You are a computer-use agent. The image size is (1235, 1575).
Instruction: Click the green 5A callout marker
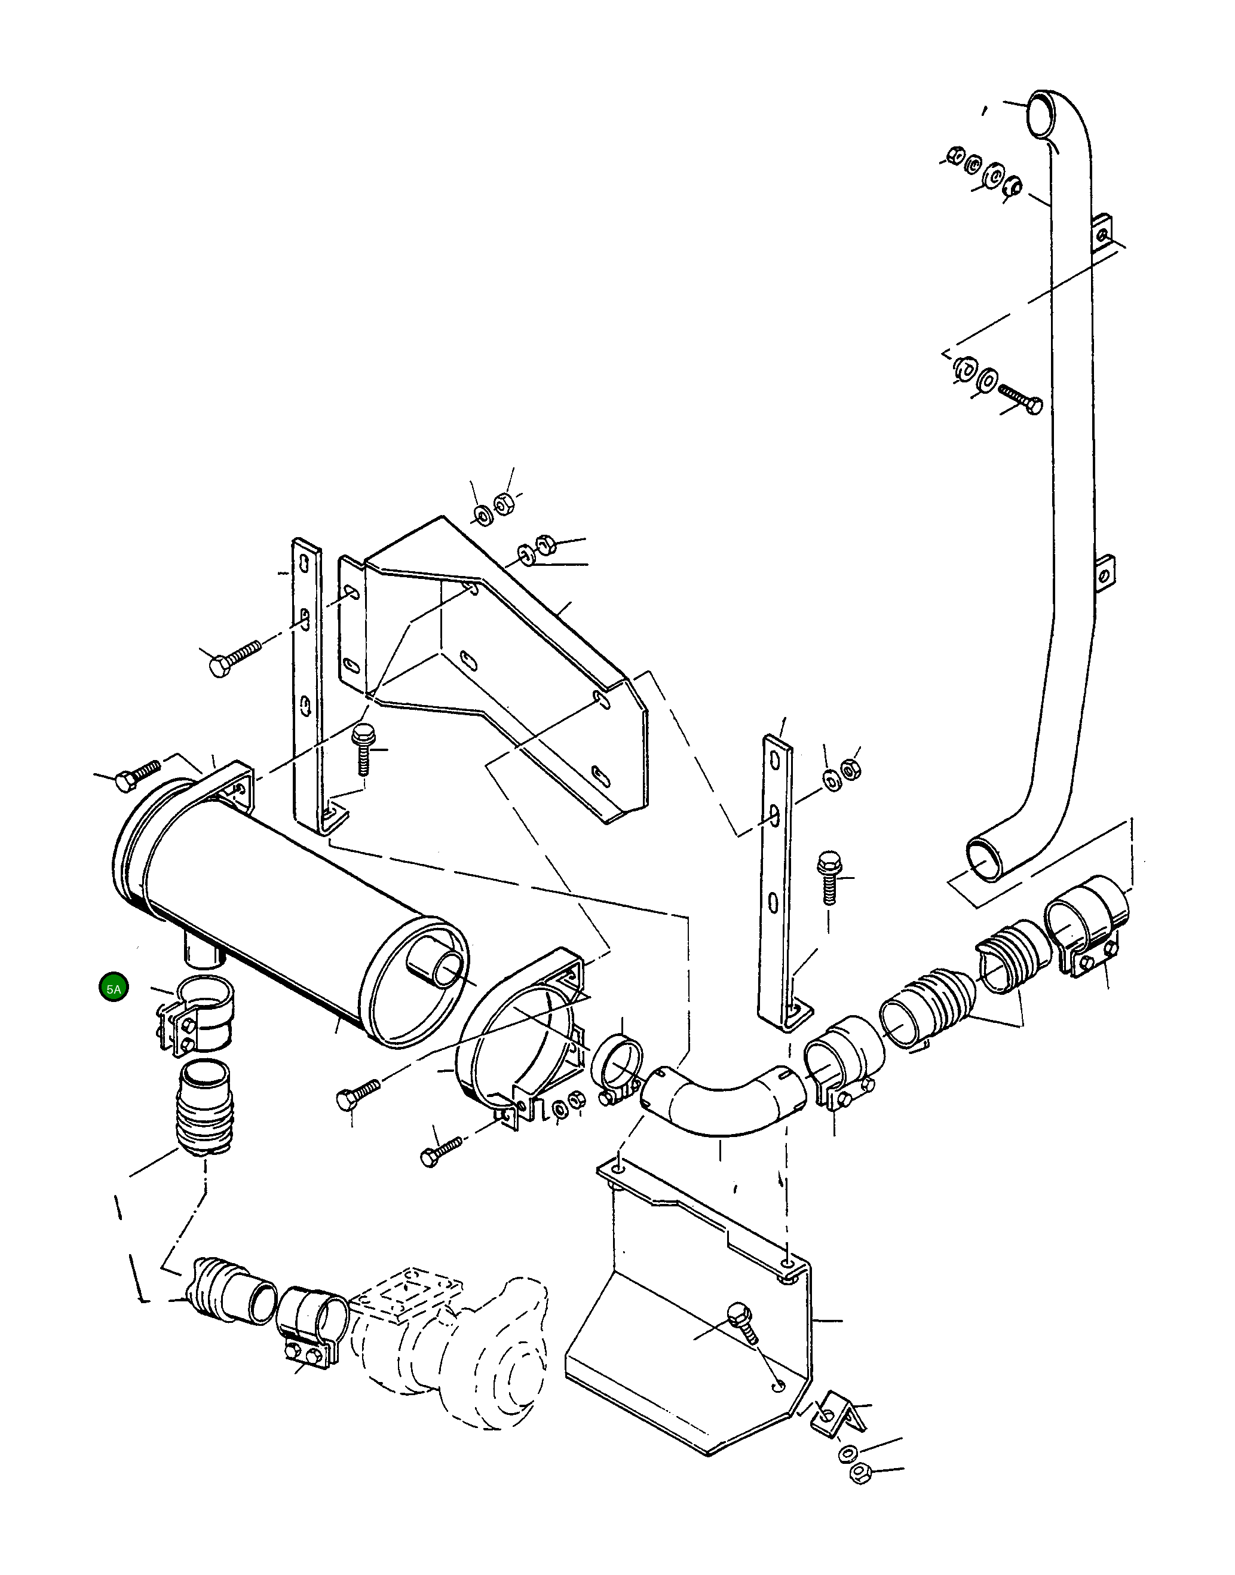tap(114, 988)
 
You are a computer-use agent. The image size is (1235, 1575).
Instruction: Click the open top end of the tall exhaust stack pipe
tap(1042, 114)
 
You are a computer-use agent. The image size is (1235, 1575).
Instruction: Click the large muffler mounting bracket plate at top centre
tap(499, 651)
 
